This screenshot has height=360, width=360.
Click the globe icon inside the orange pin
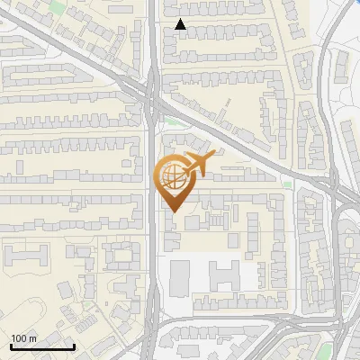[x=172, y=177]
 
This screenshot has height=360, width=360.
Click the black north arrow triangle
[x=181, y=24]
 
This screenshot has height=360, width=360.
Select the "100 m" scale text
[x=24, y=338]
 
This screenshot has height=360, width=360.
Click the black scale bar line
[x=42, y=346]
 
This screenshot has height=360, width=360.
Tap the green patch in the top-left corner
[x=58, y=7]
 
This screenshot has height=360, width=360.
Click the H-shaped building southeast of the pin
[x=225, y=274]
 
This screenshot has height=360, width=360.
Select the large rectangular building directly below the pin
[x=180, y=277]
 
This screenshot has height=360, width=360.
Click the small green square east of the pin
[x=287, y=184]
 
